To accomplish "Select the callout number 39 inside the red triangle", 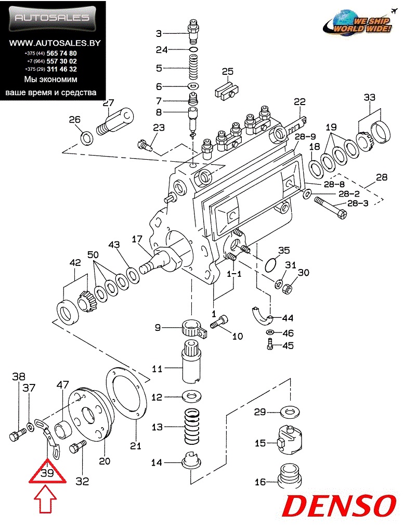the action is pyautogui.click(x=47, y=473).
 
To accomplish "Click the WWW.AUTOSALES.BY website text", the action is pyautogui.click(x=55, y=43).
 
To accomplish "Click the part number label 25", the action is pyautogui.click(x=227, y=71).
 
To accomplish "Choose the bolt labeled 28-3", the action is pyautogui.click(x=331, y=209).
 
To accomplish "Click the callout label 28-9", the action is pyautogui.click(x=305, y=136).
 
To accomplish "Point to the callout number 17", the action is pyautogui.click(x=137, y=239).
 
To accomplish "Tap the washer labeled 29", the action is pyautogui.click(x=290, y=412).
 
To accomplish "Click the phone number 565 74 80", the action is pyautogui.click(x=61, y=53).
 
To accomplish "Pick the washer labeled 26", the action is pyautogui.click(x=87, y=138).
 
